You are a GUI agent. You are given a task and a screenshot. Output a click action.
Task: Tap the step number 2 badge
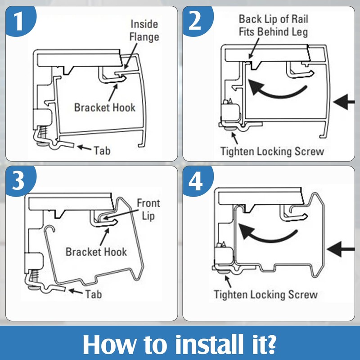tap(195, 21)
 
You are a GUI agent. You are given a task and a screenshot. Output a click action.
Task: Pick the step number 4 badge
tap(195, 181)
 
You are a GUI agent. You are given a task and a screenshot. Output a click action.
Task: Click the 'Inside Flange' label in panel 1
tap(144, 30)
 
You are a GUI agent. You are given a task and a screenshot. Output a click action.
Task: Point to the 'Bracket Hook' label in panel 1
tap(104, 108)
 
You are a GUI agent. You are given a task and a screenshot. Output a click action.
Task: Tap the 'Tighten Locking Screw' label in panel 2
tap(272, 151)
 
